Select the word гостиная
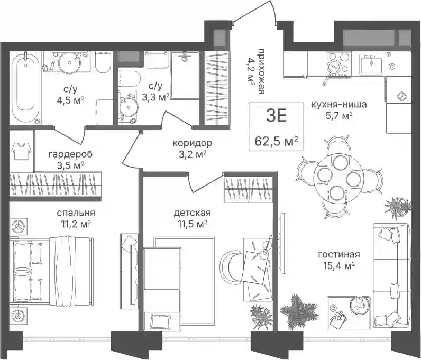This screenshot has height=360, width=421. (x=339, y=254)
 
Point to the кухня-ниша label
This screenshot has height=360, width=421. (x=339, y=104)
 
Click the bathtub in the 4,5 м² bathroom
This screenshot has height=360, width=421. (x=25, y=88)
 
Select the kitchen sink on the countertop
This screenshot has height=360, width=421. (x=372, y=64)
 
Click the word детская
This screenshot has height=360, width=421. (x=192, y=214)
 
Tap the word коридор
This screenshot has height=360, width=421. (x=192, y=143)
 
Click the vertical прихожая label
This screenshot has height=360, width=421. (x=261, y=72)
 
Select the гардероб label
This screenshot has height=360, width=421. (x=71, y=154)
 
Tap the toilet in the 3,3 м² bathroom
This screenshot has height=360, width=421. (x=130, y=79)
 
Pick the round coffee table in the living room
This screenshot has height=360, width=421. (x=359, y=304)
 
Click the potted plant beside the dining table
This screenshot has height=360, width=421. (x=398, y=207)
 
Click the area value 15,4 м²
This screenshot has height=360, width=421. (x=339, y=266)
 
